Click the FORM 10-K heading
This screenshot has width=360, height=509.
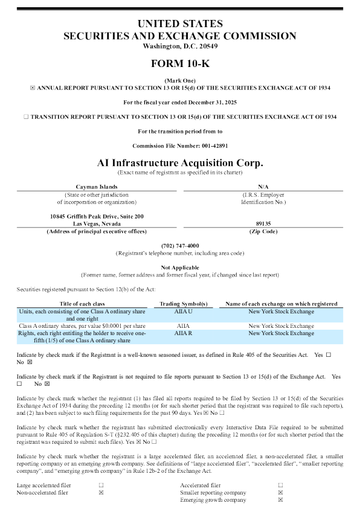click(180, 63)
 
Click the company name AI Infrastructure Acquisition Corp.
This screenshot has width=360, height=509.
click(180, 163)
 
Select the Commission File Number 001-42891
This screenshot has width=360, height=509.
click(180, 146)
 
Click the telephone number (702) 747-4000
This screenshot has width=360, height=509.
click(180, 246)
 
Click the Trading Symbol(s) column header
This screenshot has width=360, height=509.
click(183, 304)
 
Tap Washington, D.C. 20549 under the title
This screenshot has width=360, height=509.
click(180, 46)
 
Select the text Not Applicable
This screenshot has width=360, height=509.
click(180, 267)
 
